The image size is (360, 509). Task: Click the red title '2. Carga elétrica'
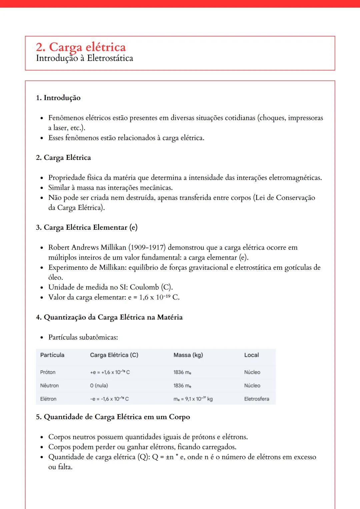tap(81, 47)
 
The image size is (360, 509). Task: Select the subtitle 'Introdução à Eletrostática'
tap(84, 58)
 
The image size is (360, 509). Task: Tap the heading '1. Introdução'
tap(58, 98)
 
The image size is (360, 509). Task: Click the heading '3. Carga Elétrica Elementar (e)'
tap(87, 228)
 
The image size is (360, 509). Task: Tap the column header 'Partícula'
tap(52, 355)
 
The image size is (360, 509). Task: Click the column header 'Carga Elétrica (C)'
tap(114, 355)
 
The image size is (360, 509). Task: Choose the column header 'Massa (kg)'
tap(188, 355)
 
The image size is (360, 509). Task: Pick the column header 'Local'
tap(251, 355)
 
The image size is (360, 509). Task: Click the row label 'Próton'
tap(48, 372)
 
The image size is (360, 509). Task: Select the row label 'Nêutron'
tap(49, 386)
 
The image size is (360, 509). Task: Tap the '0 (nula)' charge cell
tap(99, 386)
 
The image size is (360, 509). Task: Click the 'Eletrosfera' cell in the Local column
tap(256, 399)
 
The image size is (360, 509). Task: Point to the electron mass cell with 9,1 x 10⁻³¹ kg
tap(193, 399)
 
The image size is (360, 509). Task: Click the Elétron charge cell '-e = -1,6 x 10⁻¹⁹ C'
tap(109, 399)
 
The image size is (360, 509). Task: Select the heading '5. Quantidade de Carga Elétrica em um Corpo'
tap(113, 417)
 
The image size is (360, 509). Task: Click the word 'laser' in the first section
tap(61, 128)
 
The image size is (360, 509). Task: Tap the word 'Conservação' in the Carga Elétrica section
tap(295, 198)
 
